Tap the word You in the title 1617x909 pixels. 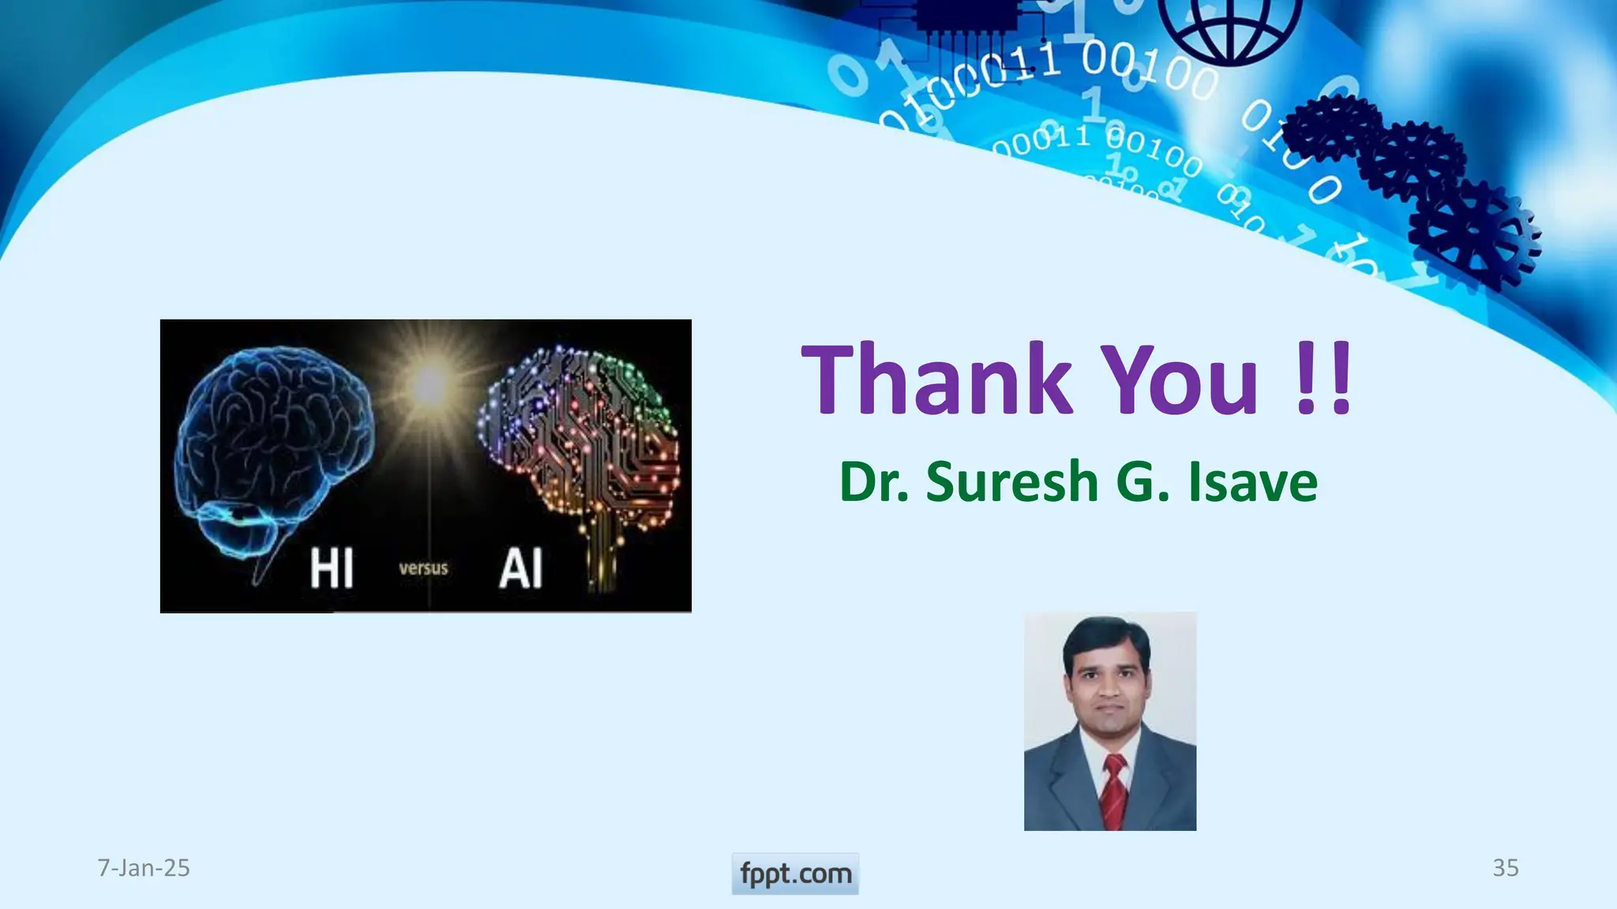(x=1180, y=380)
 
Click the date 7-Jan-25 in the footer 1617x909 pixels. (x=144, y=868)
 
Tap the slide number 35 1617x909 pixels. (x=1505, y=868)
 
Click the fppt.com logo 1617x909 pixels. (x=795, y=873)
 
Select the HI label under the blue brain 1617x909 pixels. (x=332, y=568)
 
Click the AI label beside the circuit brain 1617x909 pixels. (x=521, y=568)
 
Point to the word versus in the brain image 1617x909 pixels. (x=423, y=568)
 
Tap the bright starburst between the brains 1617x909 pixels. (x=430, y=384)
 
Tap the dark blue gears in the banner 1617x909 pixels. (x=1413, y=181)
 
